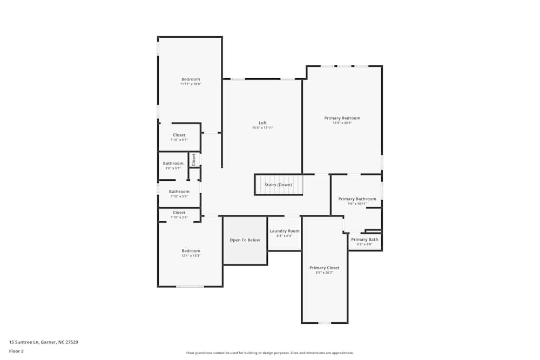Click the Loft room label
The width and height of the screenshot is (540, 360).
click(262, 123)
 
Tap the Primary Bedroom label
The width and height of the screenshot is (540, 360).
click(342, 118)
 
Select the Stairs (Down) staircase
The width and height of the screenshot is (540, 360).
click(278, 185)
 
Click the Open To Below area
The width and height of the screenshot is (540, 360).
click(245, 240)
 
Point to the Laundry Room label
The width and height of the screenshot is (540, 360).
click(284, 231)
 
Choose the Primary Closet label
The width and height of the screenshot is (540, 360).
click(324, 268)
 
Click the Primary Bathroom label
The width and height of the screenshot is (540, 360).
click(357, 199)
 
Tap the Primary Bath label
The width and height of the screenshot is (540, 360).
click(364, 240)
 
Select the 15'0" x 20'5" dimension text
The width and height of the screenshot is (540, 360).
click(342, 123)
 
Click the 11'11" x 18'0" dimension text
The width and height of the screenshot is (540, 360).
click(190, 84)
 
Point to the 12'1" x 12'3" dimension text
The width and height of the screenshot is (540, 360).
click(191, 256)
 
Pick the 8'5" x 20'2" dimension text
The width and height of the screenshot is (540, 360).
click(324, 273)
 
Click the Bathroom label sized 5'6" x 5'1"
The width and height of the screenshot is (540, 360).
click(173, 164)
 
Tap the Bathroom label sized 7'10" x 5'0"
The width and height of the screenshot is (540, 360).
click(179, 192)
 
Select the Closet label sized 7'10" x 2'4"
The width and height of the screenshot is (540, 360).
click(179, 213)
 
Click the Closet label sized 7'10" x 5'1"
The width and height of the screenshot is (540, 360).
click(179, 135)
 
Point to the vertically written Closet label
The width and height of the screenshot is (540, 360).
click(194, 159)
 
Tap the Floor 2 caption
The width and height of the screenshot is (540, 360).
click(16, 351)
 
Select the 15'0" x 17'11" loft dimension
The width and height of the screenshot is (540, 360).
click(262, 128)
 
